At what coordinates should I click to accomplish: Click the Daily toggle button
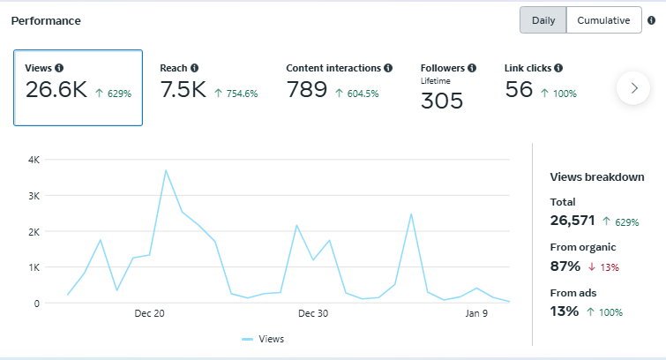pyautogui.click(x=543, y=20)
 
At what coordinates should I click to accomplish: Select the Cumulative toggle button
pyautogui.click(x=603, y=20)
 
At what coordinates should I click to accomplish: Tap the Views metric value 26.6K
pyautogui.click(x=56, y=90)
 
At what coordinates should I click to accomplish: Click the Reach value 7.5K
pyautogui.click(x=183, y=90)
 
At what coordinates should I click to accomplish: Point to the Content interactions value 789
pyautogui.click(x=307, y=90)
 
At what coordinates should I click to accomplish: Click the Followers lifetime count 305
pyautogui.click(x=441, y=101)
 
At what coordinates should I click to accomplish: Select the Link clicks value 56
pyautogui.click(x=519, y=89)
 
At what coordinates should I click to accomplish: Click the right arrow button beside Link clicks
pyautogui.click(x=633, y=88)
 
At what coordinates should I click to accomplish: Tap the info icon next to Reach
pyautogui.click(x=194, y=68)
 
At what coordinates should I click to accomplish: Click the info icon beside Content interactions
pyautogui.click(x=388, y=68)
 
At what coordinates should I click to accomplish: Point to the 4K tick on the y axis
pyautogui.click(x=34, y=160)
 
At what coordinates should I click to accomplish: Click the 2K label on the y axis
pyautogui.click(x=34, y=231)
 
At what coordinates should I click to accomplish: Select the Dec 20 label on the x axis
pyautogui.click(x=150, y=314)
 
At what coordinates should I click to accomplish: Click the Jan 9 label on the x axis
pyautogui.click(x=476, y=314)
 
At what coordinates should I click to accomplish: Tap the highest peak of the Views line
pyautogui.click(x=166, y=170)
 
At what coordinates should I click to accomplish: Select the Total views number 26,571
pyautogui.click(x=572, y=221)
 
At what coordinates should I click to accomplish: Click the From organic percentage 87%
pyautogui.click(x=565, y=266)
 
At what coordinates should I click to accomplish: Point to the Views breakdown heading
pyautogui.click(x=596, y=177)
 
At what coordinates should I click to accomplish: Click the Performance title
pyautogui.click(x=46, y=20)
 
